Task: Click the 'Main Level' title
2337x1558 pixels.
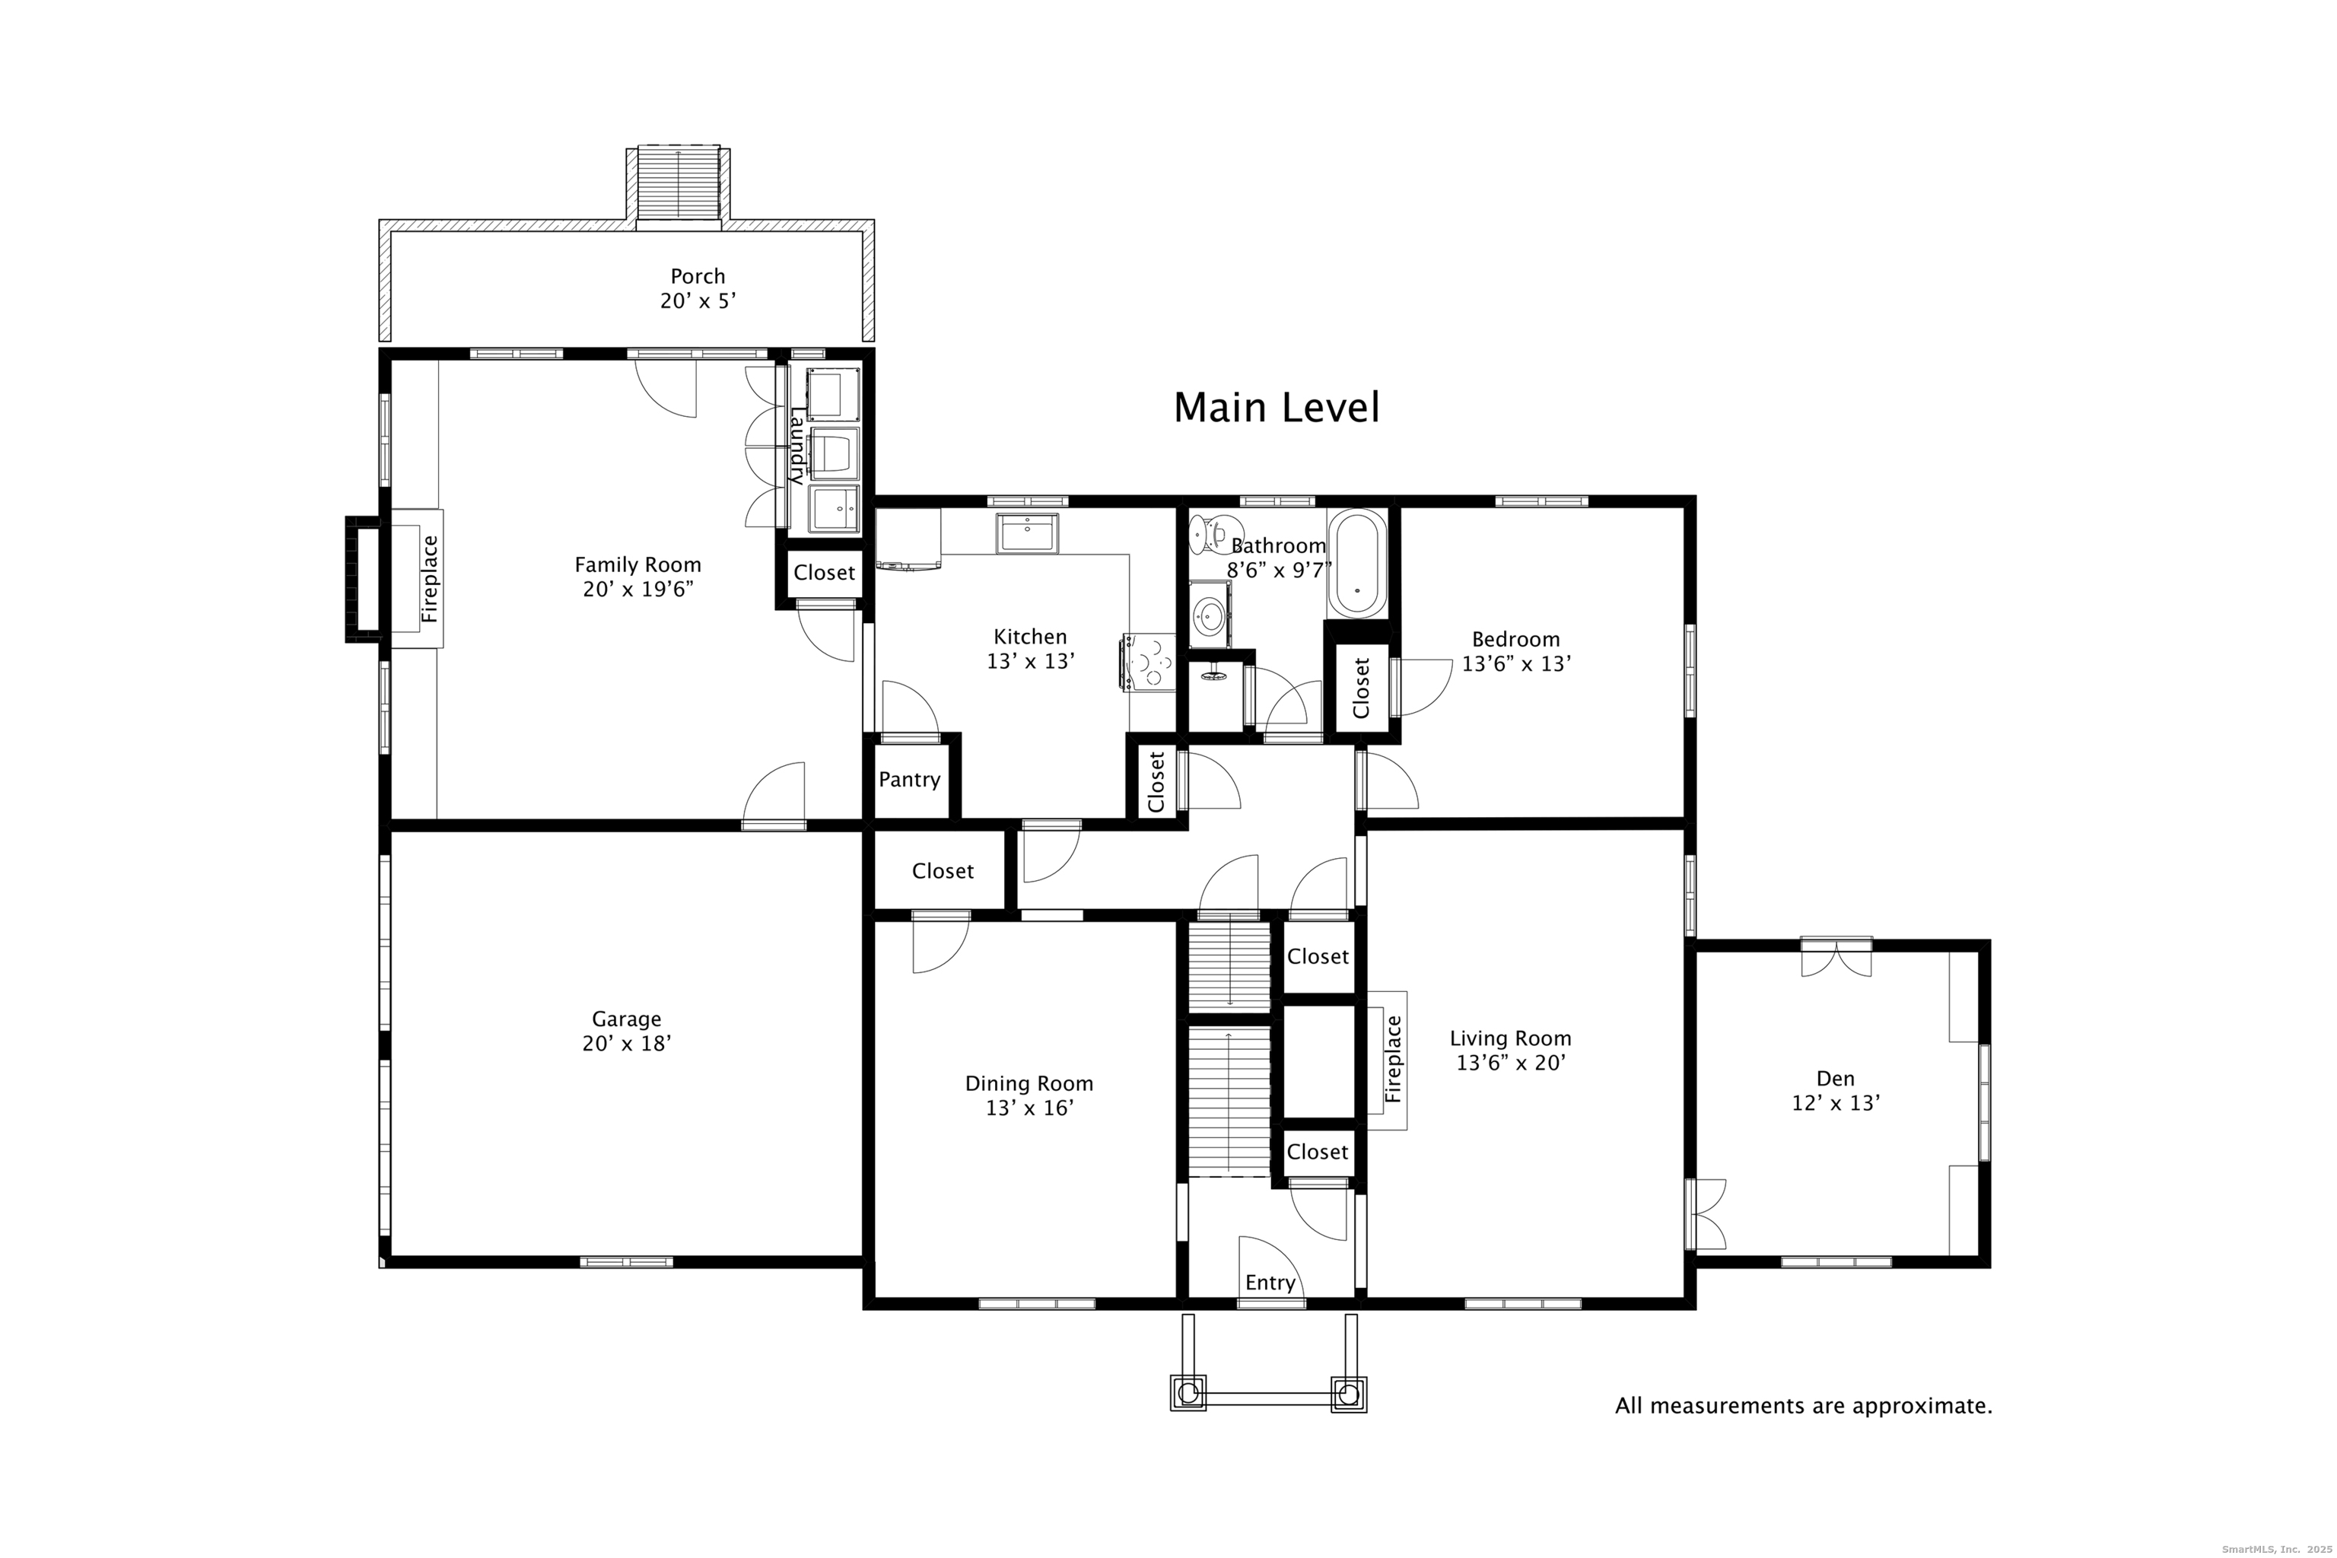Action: click(x=1277, y=408)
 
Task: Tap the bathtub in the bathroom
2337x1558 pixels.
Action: click(x=1357, y=564)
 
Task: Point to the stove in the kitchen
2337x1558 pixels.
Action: click(x=1149, y=661)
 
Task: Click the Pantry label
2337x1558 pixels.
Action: click(x=909, y=780)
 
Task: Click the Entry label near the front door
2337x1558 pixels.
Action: click(x=1270, y=1283)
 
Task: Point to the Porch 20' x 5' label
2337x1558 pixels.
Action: click(x=698, y=288)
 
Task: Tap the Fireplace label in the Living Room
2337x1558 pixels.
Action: click(x=1393, y=1059)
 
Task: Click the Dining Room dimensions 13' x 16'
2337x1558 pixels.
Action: click(x=1029, y=1108)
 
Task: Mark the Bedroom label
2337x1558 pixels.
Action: click(x=1515, y=640)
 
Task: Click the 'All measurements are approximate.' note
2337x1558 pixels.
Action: click(x=1804, y=1406)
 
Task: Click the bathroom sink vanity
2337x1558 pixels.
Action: click(x=1210, y=614)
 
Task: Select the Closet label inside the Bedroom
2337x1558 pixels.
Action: click(x=1361, y=688)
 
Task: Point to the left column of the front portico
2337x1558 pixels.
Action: click(x=1188, y=1393)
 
